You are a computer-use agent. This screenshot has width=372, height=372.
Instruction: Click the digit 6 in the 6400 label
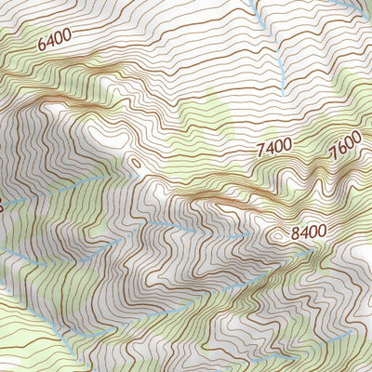tap(43, 45)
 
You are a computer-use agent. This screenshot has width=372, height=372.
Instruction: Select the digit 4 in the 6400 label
tap(50, 42)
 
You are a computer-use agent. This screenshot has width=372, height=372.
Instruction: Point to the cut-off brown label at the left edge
tap(2, 206)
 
